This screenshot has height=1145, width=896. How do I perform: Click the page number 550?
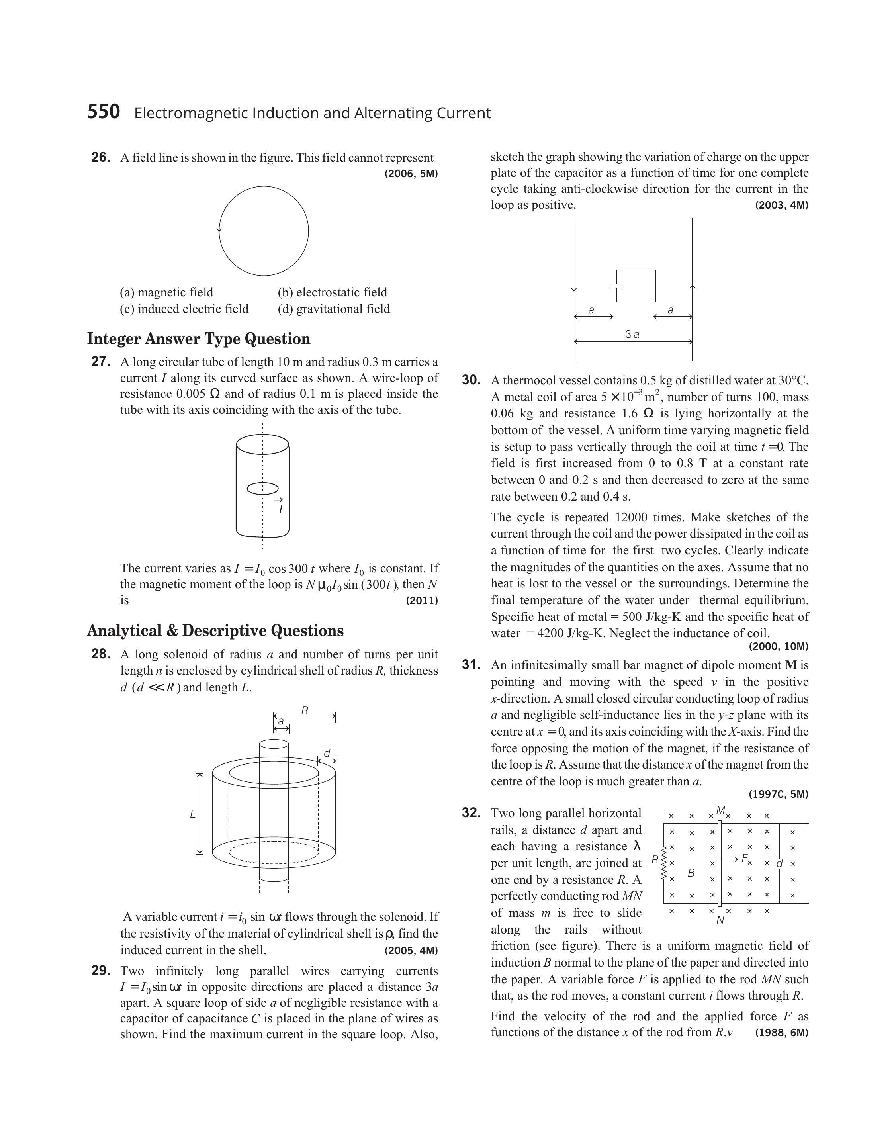[x=104, y=112]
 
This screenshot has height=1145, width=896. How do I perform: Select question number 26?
[x=101, y=157]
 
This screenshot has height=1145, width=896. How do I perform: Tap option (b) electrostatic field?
[x=333, y=292]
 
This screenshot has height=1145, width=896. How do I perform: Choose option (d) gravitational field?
[x=334, y=309]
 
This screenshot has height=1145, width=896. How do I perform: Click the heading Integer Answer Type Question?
[x=199, y=339]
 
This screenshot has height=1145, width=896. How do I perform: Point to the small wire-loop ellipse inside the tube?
[x=263, y=488]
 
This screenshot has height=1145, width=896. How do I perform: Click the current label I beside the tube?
[x=281, y=509]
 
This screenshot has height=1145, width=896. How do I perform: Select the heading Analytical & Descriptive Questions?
[x=215, y=630]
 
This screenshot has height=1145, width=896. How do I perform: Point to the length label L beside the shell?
[x=192, y=814]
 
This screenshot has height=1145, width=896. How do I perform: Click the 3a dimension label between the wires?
[x=632, y=334]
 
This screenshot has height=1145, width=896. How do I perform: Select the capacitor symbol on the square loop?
[x=617, y=286]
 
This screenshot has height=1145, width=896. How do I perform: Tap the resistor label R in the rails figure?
[x=655, y=860]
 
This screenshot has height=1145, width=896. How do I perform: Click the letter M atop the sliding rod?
[x=720, y=811]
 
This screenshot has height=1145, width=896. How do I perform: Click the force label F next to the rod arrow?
[x=744, y=858]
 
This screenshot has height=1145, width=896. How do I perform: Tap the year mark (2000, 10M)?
[x=779, y=646]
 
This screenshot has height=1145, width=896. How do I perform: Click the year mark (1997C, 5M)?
[x=779, y=794]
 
